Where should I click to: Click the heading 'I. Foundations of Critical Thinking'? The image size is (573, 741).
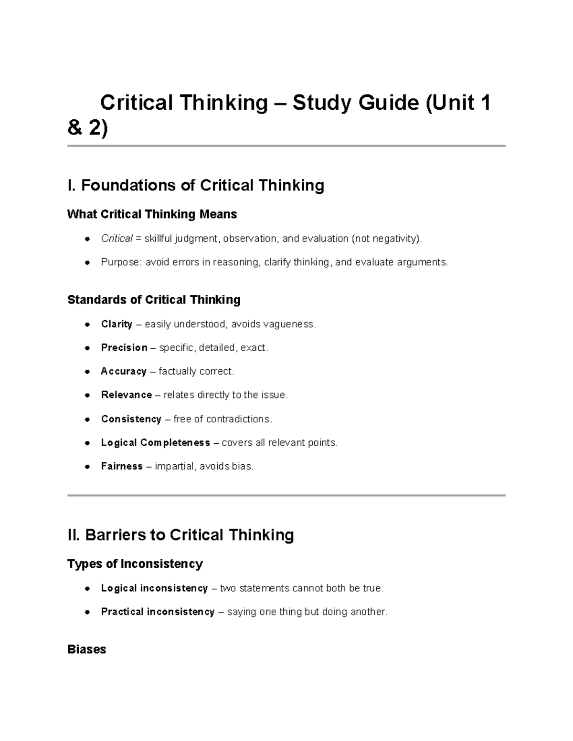(x=196, y=185)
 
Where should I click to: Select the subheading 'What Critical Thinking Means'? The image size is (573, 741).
(x=152, y=214)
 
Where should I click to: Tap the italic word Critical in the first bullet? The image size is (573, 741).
(x=117, y=239)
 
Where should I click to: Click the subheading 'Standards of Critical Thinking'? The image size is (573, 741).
(x=154, y=300)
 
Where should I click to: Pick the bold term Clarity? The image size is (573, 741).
(x=117, y=324)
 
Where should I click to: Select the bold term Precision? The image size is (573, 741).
(x=124, y=348)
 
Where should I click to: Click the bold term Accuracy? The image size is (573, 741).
(x=124, y=371)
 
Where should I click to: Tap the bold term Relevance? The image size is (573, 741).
(x=127, y=395)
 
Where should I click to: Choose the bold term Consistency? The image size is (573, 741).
(x=131, y=419)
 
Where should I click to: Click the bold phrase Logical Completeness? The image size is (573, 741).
(x=156, y=443)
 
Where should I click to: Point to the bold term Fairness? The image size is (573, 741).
(x=122, y=466)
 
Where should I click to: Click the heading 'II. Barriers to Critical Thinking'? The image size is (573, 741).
(x=180, y=535)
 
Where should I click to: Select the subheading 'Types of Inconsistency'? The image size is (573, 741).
(x=135, y=564)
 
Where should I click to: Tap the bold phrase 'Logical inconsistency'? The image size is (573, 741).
(x=154, y=588)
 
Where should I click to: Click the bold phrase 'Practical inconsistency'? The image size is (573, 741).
(x=158, y=612)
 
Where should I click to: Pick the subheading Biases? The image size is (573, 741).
(x=87, y=649)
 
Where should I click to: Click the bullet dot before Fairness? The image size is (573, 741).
(x=87, y=467)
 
